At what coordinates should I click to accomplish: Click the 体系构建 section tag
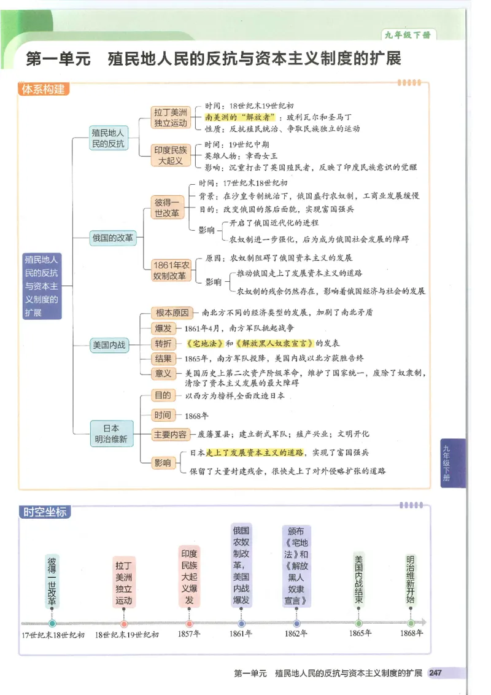point(43,90)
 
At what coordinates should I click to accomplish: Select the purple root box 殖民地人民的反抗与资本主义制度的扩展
point(42,286)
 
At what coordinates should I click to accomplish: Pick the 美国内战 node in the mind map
point(109,345)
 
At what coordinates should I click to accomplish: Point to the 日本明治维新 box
point(110,433)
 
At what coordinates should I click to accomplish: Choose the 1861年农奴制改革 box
point(172,271)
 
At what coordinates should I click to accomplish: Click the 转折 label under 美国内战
point(163,343)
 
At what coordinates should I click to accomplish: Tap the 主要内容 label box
point(170,434)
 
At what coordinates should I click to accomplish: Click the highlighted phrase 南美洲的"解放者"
point(240,117)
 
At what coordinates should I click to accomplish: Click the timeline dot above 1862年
point(296,623)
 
